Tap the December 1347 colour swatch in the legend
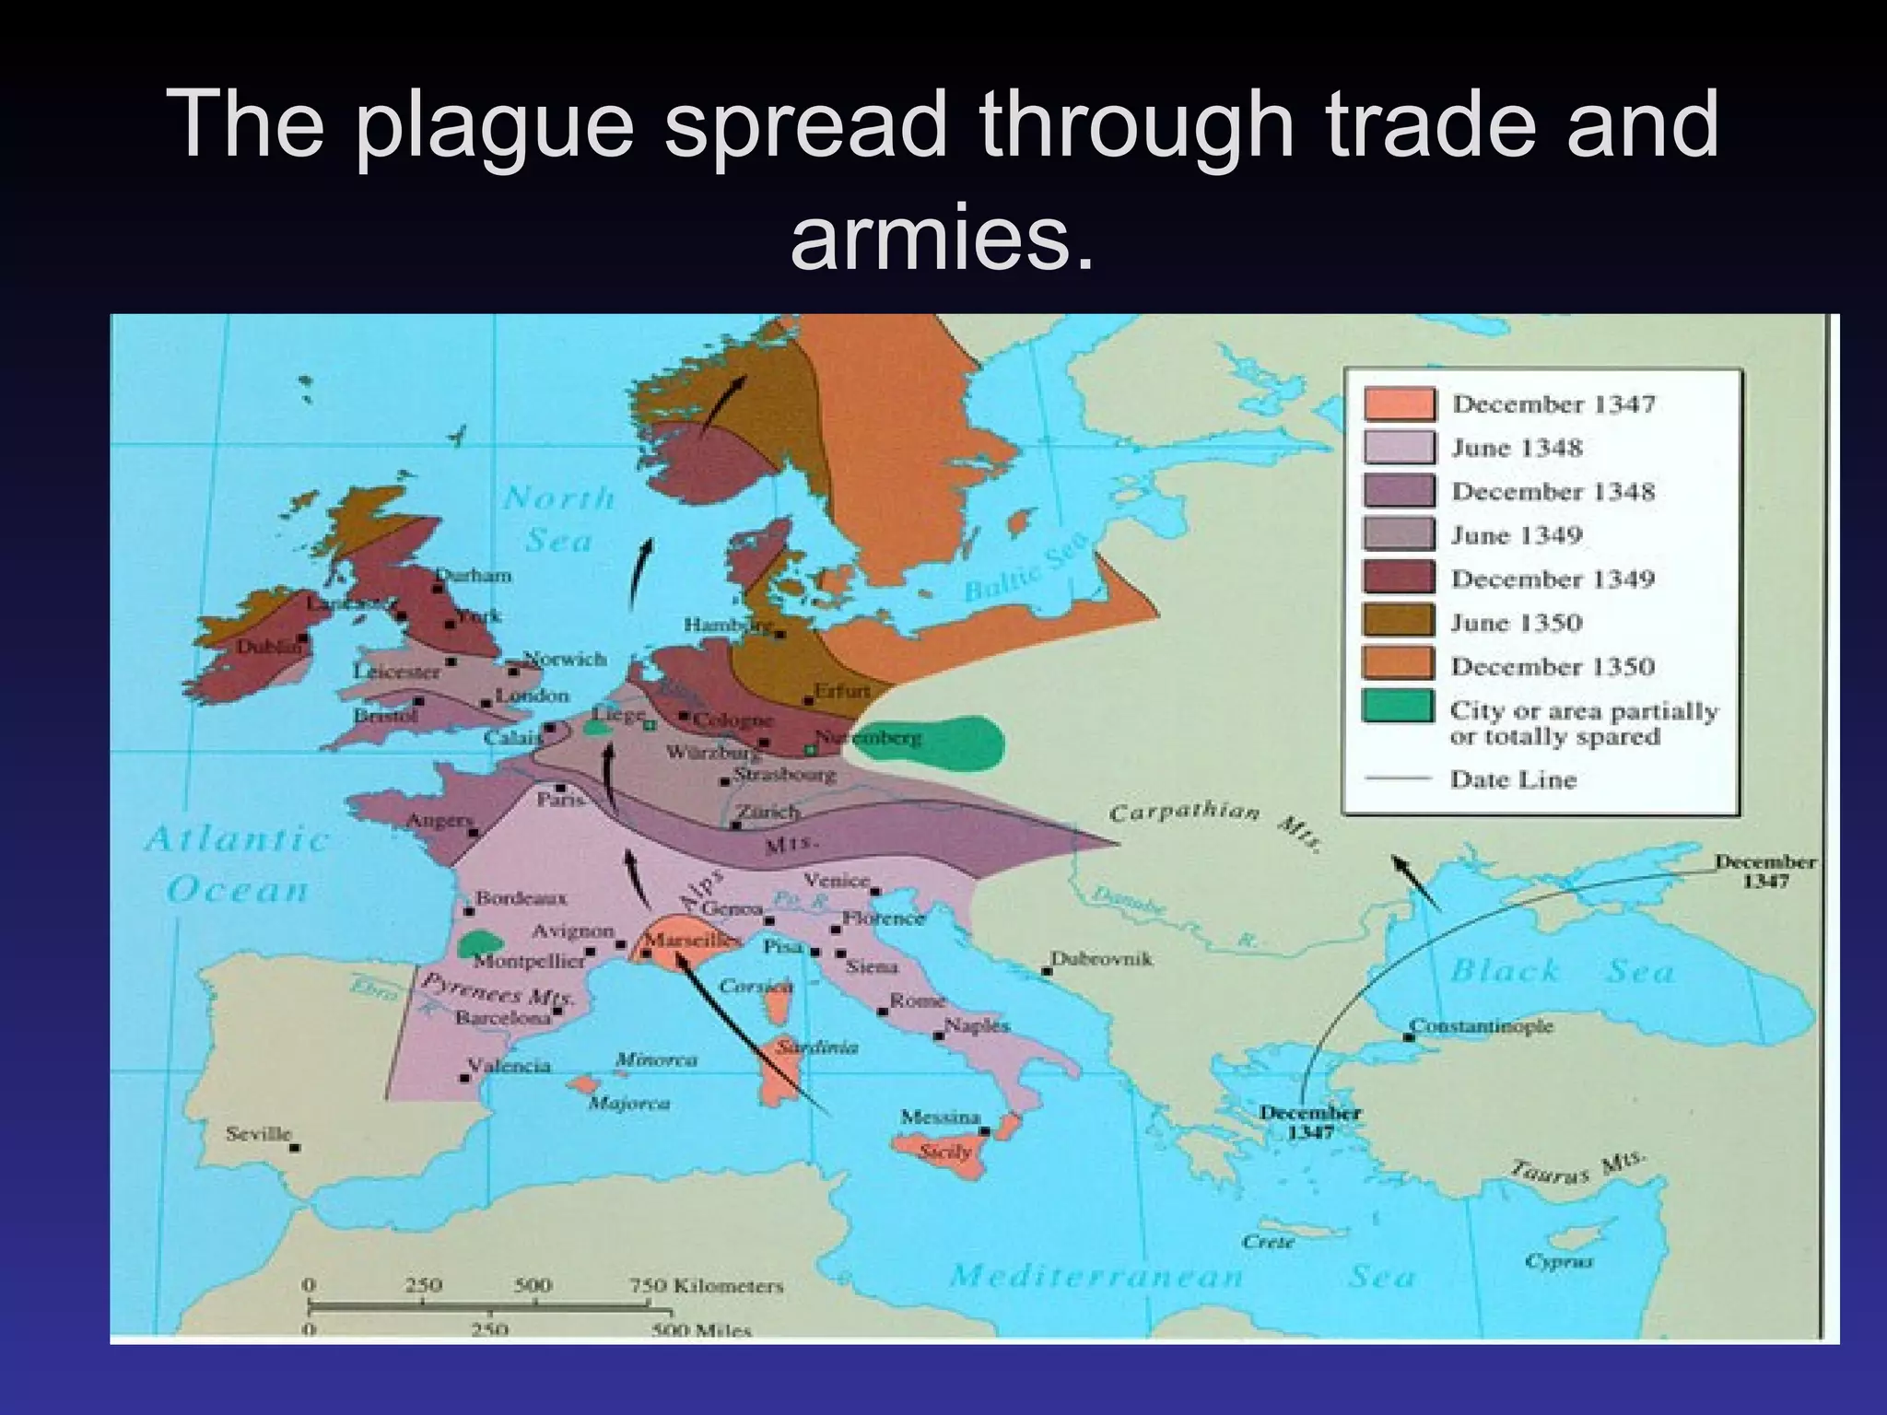(1399, 404)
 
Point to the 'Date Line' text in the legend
(1513, 779)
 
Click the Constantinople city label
(1481, 1025)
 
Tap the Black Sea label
(1561, 970)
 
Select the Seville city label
(259, 1133)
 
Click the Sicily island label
(945, 1152)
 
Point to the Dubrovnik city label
(1102, 958)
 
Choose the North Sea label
(559, 519)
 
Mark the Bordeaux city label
(521, 897)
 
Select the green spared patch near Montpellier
(479, 943)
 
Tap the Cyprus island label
(1558, 1261)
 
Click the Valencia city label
(509, 1066)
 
